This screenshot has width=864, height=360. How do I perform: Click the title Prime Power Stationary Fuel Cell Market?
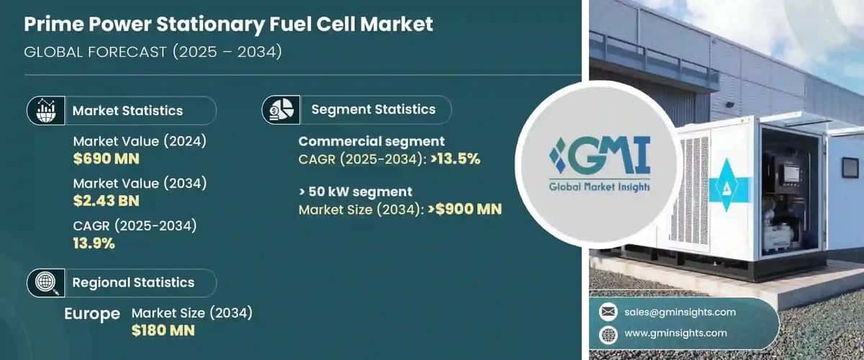pos(228,24)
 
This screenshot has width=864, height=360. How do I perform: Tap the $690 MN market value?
pos(106,159)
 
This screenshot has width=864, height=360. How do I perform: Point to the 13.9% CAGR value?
pos(94,243)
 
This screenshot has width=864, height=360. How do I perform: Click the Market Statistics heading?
pos(127,111)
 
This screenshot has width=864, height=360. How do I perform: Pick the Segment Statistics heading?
pos(373,109)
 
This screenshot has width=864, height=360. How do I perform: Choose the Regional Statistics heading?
pos(133,283)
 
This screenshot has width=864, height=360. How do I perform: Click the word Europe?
pos(92,314)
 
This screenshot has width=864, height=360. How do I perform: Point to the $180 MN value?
pos(163,330)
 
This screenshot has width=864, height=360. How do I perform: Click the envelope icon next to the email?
pos(609,312)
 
